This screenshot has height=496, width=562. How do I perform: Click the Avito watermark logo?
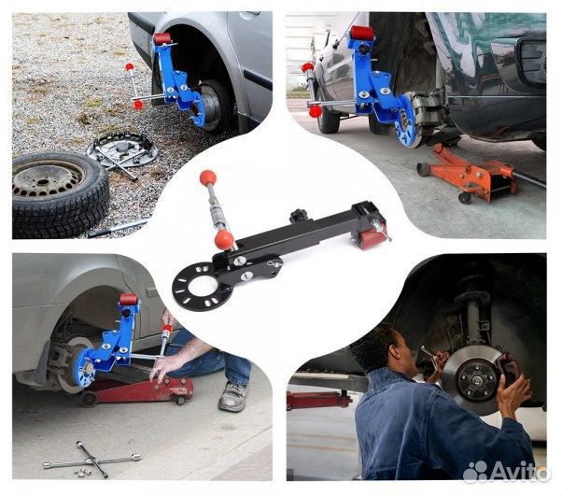tap(506, 471)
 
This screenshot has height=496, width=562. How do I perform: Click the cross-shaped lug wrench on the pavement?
tap(92, 459)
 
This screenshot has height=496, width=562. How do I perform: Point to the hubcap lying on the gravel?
tap(122, 150)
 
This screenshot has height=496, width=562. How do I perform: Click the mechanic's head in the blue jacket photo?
tap(393, 348)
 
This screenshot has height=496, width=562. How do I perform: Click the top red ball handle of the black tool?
tap(208, 177)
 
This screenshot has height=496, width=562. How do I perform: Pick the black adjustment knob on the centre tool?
tap(298, 216)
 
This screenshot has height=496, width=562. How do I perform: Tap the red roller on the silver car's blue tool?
tap(162, 38)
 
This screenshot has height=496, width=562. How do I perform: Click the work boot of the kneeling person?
tap(233, 397)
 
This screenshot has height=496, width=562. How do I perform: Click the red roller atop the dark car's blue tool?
tap(362, 34)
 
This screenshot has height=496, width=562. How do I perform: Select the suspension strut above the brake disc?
tap(472, 316)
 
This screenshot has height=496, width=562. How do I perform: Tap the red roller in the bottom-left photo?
tap(129, 299)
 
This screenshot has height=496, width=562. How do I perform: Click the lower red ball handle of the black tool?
tap(224, 239)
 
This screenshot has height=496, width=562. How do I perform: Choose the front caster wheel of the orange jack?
tap(466, 198)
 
